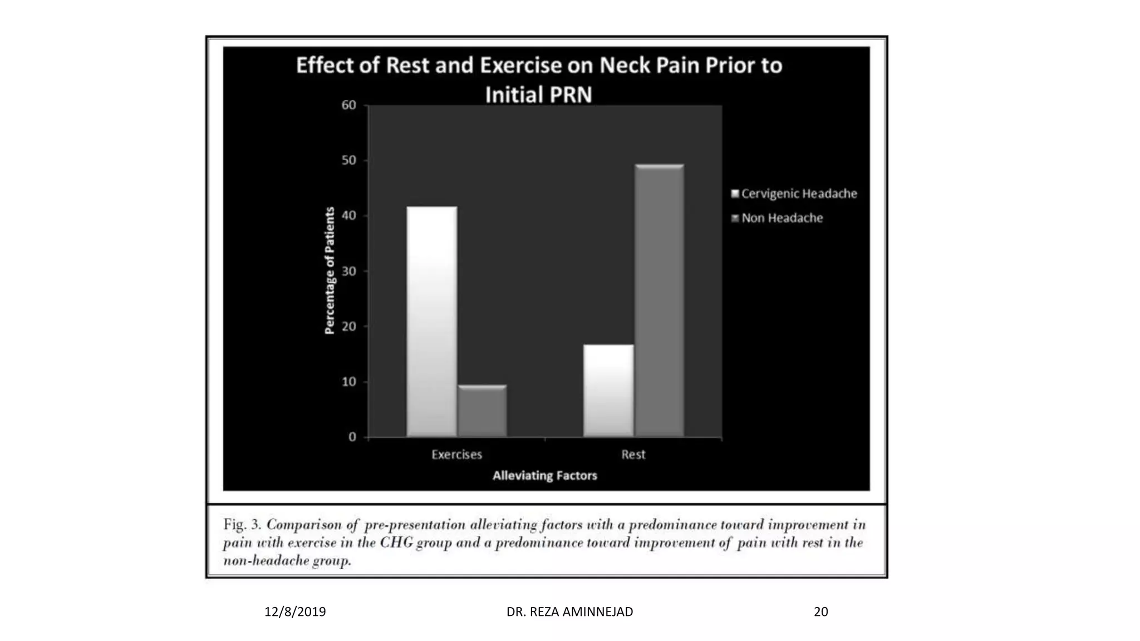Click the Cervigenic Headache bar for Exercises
coord(432,322)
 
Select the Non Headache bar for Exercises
coord(482,411)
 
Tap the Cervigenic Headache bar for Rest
coord(608,391)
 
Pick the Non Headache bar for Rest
coord(659,300)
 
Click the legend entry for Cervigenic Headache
coord(794,194)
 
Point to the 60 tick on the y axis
coord(349,105)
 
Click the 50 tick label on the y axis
coord(349,161)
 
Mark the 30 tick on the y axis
coord(349,272)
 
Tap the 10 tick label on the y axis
coord(349,382)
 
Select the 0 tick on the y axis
coord(352,437)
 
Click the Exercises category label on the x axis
coord(456,455)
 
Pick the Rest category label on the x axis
coord(633,455)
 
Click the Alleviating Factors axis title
coord(544,476)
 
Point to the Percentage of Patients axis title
coord(330,271)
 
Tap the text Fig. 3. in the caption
coord(242,525)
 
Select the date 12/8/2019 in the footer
coord(295,612)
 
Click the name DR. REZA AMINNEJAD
coord(569,612)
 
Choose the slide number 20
coord(820,612)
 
